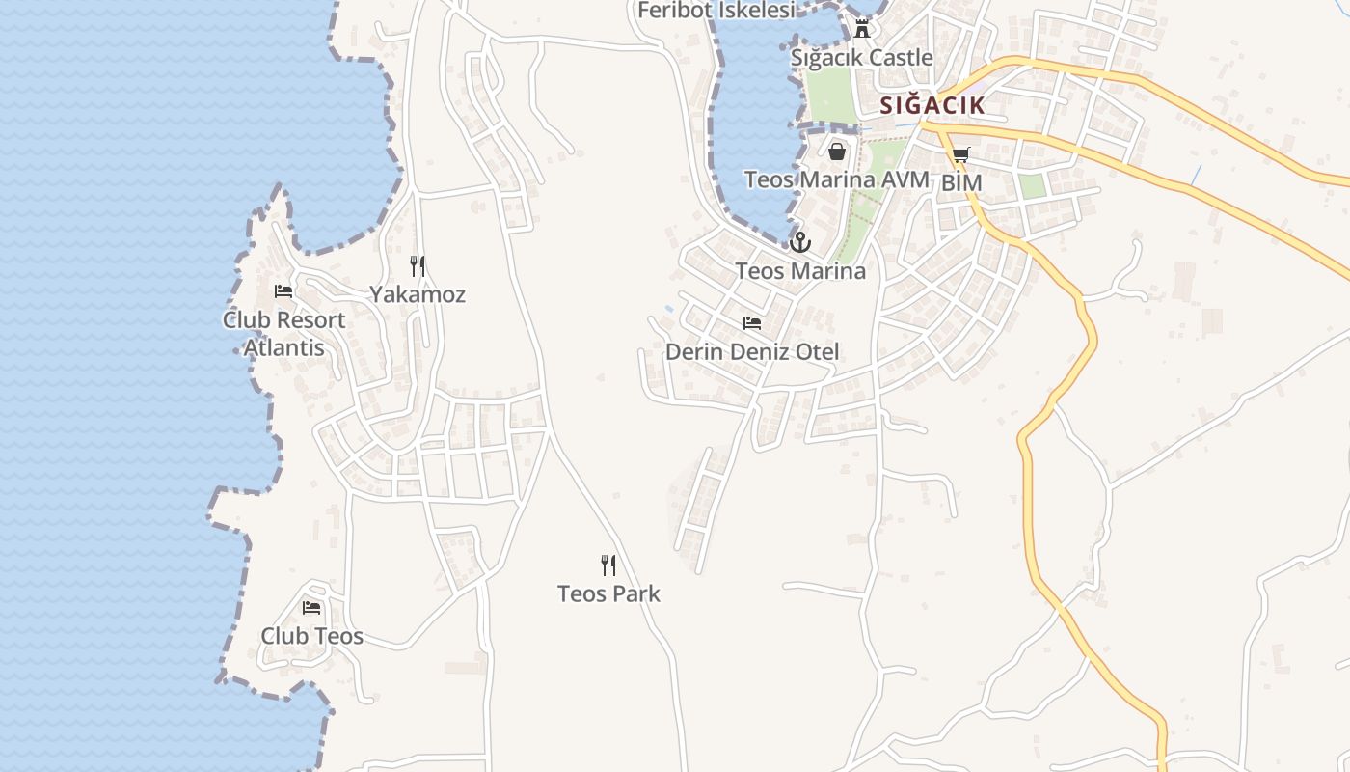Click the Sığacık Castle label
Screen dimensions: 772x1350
[861, 58]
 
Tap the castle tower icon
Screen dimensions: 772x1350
[862, 29]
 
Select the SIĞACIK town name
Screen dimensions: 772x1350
[932, 105]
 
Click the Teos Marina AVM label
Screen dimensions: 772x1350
[836, 179]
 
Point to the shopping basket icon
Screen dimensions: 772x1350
[836, 152]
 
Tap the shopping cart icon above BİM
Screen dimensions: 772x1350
[960, 155]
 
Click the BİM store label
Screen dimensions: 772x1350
[961, 182]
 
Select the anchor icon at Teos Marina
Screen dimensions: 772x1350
[800, 242]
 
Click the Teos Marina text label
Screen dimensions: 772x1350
[800, 271]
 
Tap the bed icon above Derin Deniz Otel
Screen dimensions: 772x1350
[752, 323]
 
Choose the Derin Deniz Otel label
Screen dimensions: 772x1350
[752, 352]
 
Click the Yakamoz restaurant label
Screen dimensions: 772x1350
[418, 294]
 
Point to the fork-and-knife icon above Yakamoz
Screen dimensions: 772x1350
[418, 266]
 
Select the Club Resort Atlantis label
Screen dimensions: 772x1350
[283, 333]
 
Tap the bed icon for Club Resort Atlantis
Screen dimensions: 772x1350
[283, 291]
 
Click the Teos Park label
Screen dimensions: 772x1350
[608, 593]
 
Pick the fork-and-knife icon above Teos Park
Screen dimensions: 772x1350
[608, 565]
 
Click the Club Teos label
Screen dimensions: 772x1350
[311, 636]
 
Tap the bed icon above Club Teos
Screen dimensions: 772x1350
[311, 608]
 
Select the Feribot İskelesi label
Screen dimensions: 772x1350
[716, 11]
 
